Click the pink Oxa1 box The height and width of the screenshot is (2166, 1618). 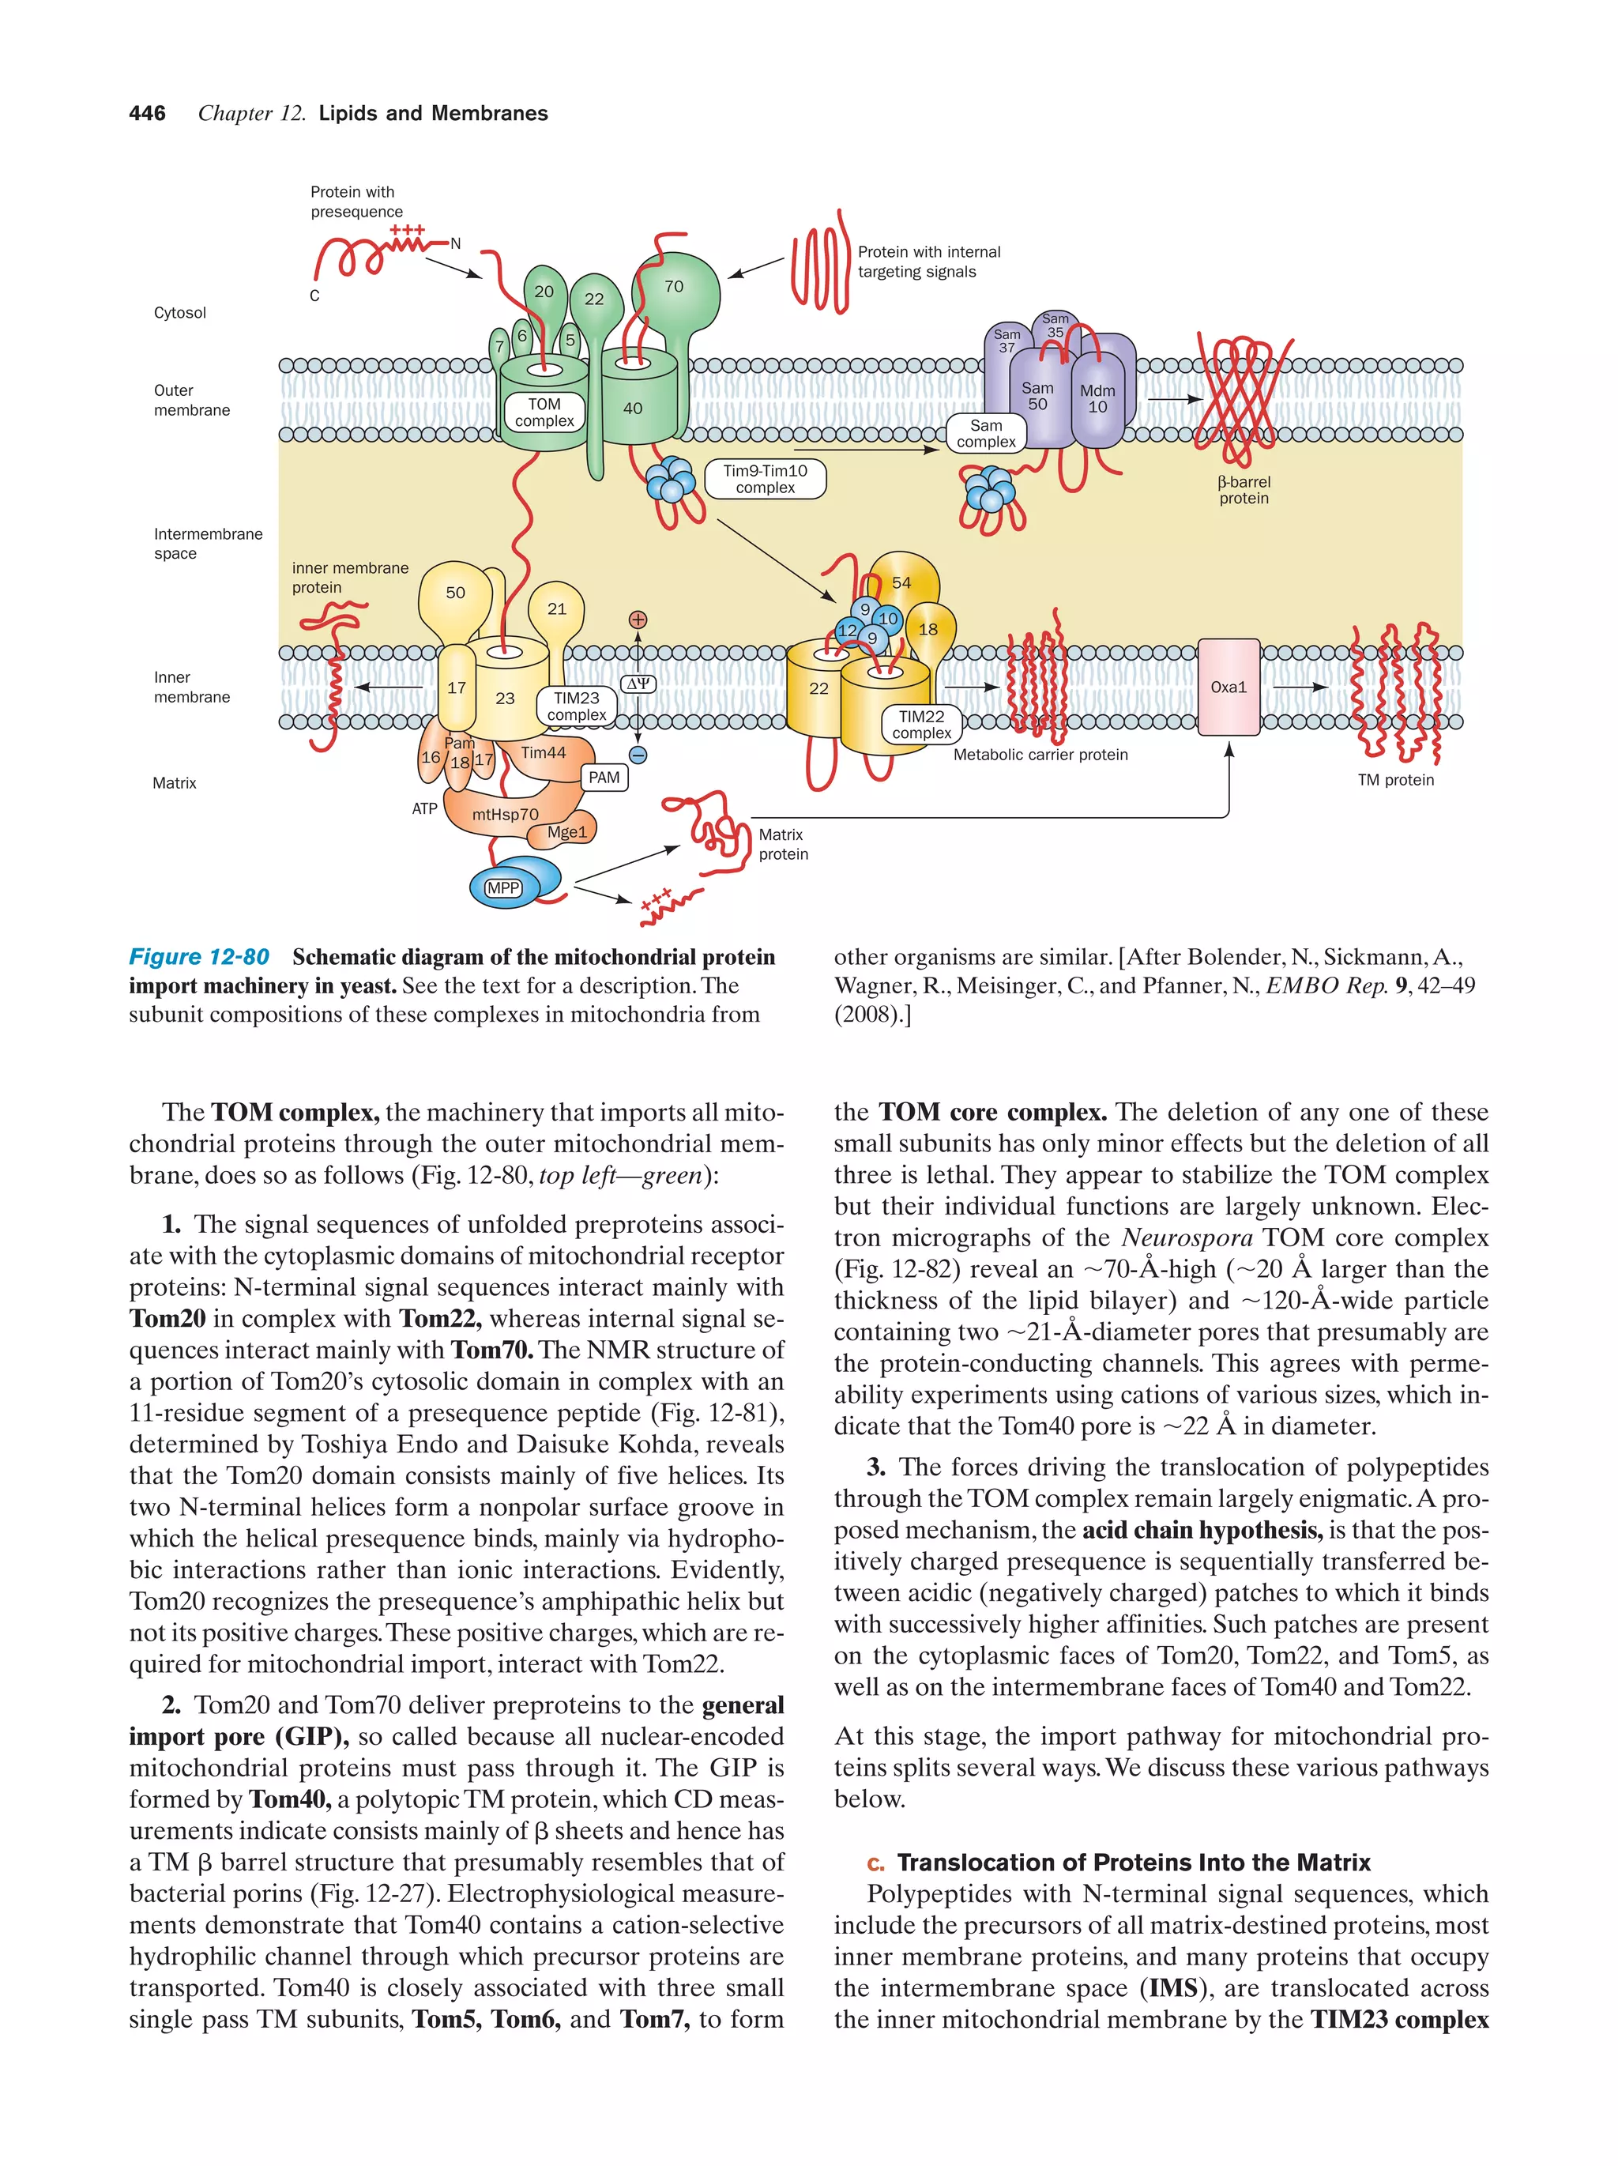click(x=1228, y=687)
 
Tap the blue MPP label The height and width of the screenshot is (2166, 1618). click(x=503, y=887)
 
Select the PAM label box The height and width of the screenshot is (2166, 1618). click(x=604, y=778)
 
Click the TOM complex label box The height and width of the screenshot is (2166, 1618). click(x=544, y=412)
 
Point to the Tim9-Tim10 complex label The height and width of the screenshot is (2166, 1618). click(x=765, y=479)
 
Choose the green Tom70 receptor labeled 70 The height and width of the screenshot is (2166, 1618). click(x=675, y=287)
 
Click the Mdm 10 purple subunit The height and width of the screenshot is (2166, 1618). click(x=1097, y=398)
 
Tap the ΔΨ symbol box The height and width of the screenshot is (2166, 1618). click(x=638, y=684)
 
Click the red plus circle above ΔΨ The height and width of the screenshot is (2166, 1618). click(x=638, y=619)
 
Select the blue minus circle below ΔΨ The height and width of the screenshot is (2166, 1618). click(x=638, y=755)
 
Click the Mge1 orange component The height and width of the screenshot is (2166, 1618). click(x=568, y=832)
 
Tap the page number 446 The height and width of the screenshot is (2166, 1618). click(x=147, y=114)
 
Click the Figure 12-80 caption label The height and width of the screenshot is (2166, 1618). click(x=199, y=957)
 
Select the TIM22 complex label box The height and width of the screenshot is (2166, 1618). click(x=921, y=725)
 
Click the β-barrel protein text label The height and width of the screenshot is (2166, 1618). click(x=1243, y=490)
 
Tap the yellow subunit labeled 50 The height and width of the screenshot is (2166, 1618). click(x=455, y=593)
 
